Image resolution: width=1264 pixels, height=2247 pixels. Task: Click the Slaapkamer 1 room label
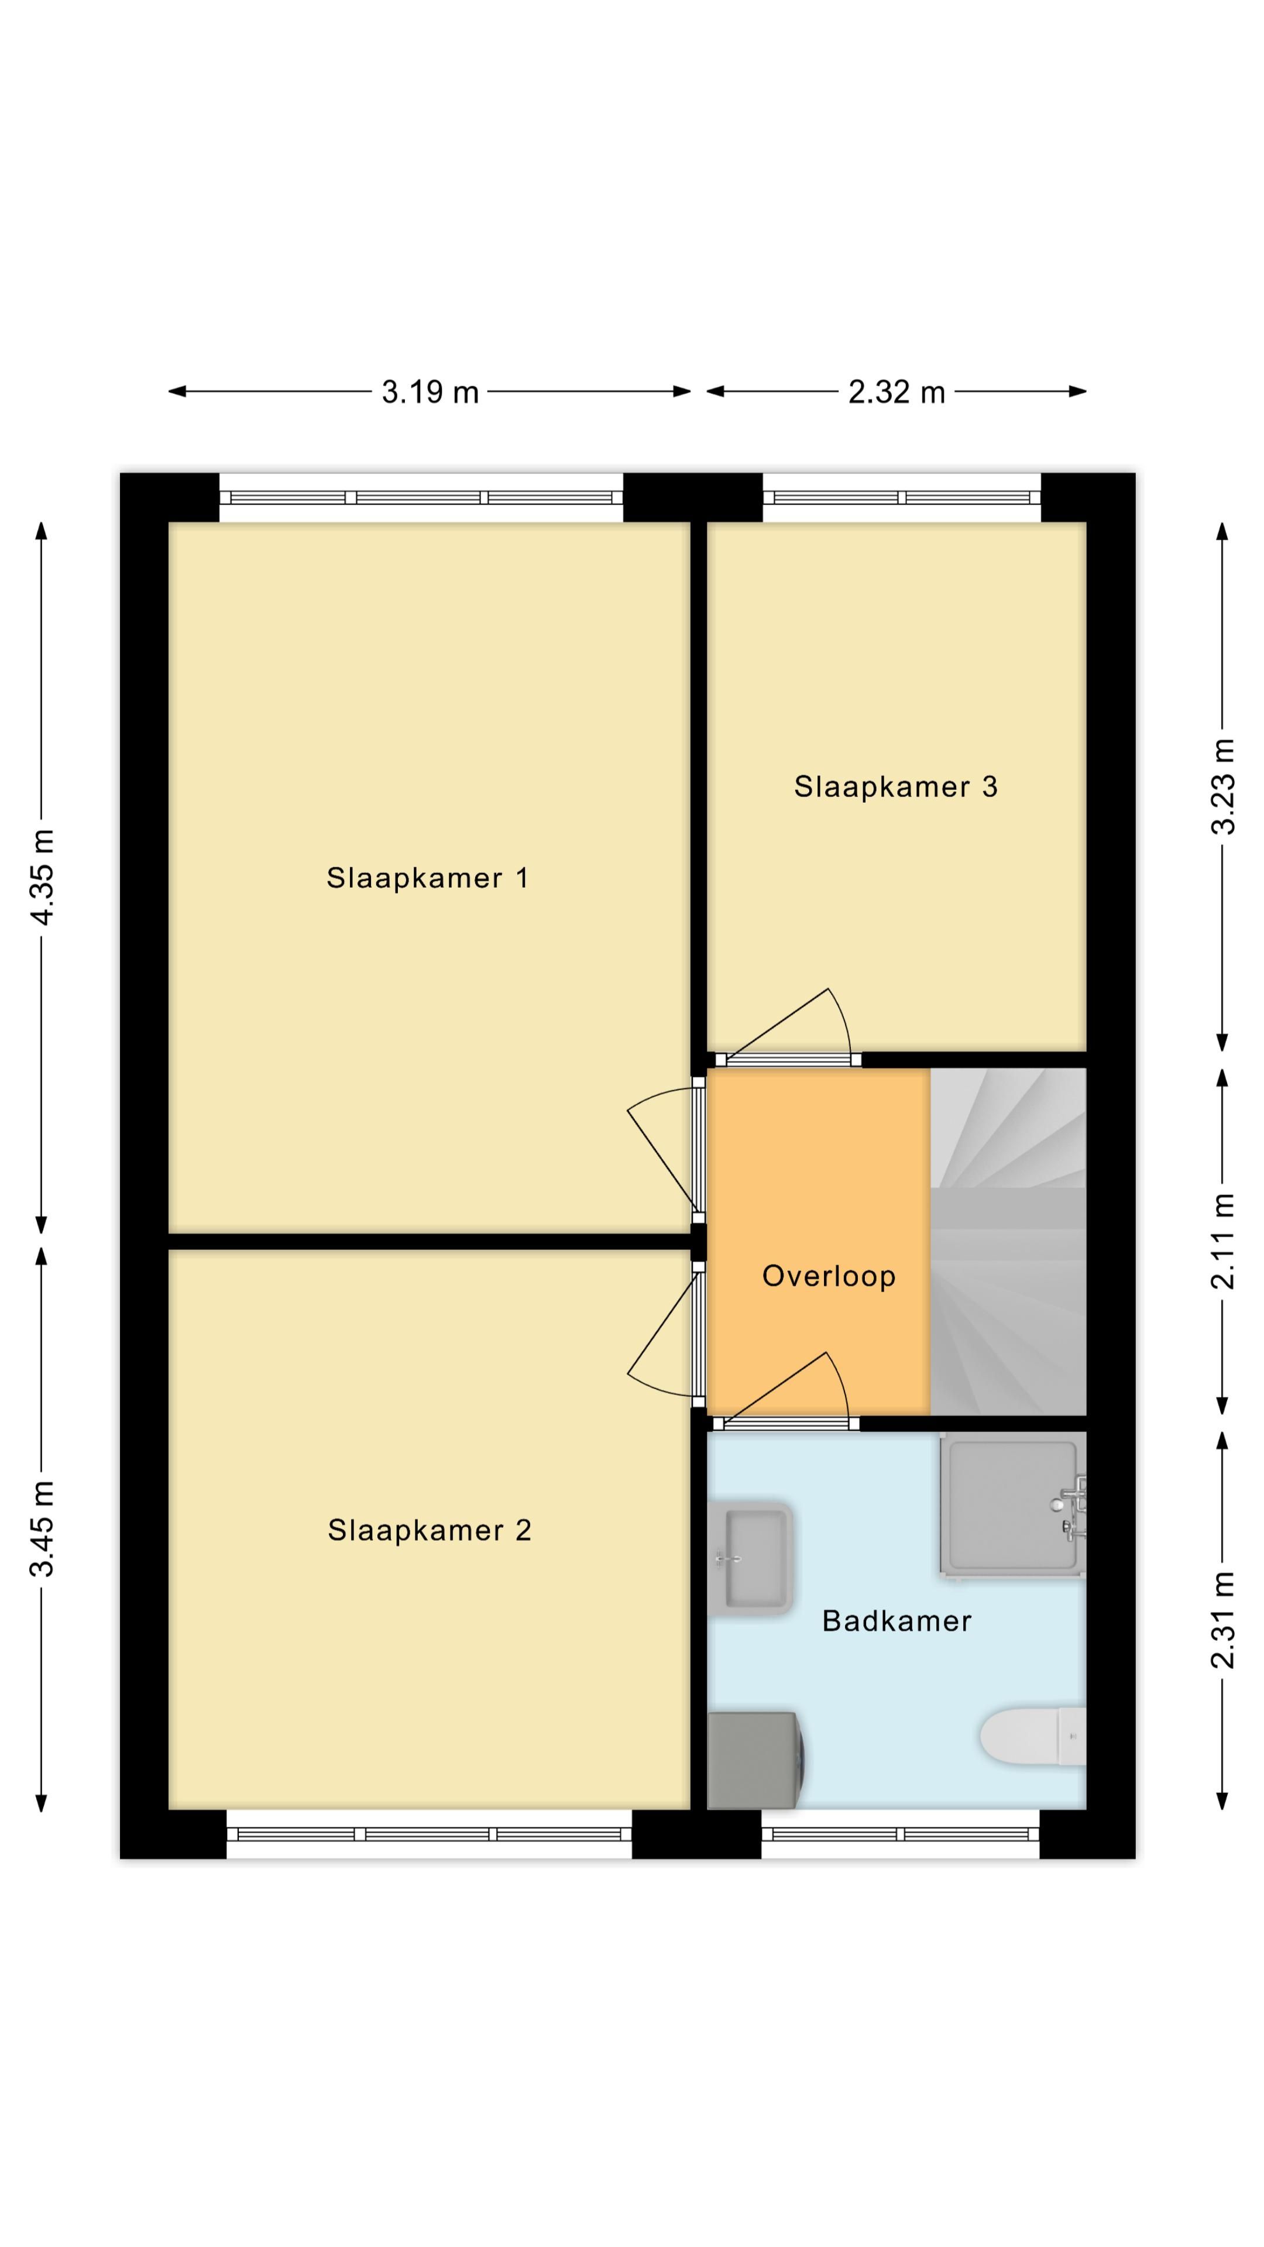(x=427, y=878)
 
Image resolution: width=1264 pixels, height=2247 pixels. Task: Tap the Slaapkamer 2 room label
(x=429, y=1530)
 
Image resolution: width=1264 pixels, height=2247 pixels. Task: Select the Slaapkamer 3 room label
(x=896, y=787)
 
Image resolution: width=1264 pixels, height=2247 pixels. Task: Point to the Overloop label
(x=829, y=1276)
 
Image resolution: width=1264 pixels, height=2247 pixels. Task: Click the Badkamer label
(x=897, y=1621)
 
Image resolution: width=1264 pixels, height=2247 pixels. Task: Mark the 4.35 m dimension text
(x=42, y=877)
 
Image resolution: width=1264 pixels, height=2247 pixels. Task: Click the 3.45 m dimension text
(x=42, y=1529)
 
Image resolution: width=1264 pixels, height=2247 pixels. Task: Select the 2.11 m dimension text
(x=1223, y=1241)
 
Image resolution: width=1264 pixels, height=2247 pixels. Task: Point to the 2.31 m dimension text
(x=1223, y=1620)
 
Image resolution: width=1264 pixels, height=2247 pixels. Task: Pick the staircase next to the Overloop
(x=1008, y=1241)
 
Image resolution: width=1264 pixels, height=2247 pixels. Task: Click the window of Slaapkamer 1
(x=421, y=498)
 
